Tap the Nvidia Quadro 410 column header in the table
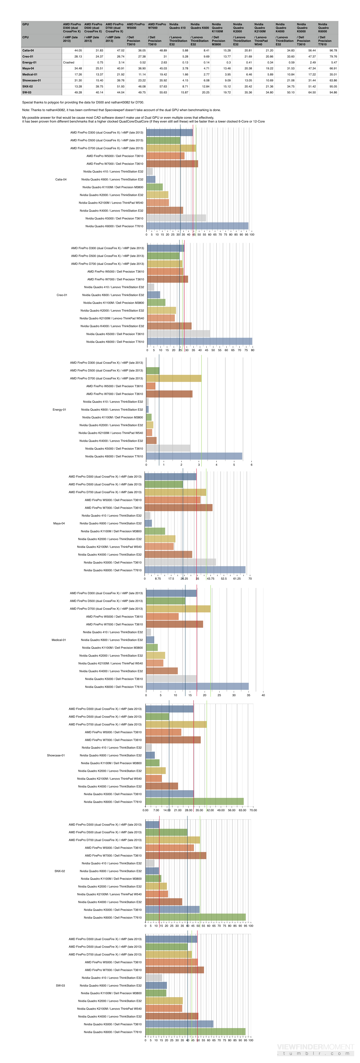[177, 26]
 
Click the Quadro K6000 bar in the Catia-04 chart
[197, 226]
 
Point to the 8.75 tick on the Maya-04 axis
[158, 578]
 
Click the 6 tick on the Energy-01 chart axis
[251, 465]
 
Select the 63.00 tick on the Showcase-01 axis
[242, 810]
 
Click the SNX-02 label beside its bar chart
[60, 871]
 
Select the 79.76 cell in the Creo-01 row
[333, 57]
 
